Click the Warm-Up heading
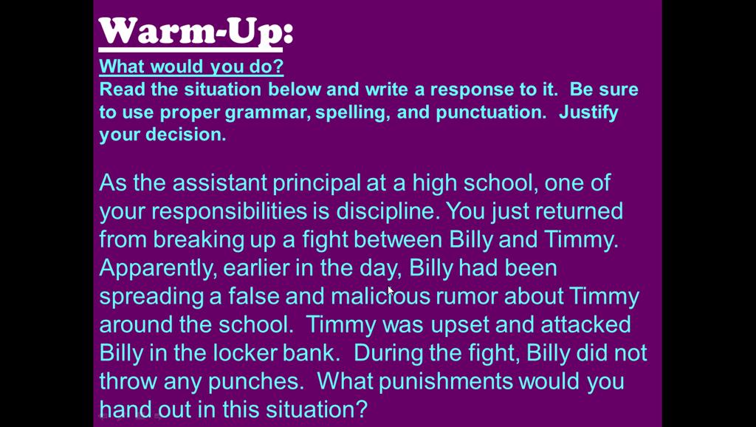[196, 33]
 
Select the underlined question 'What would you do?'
[191, 66]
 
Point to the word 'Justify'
[588, 113]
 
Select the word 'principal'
[316, 184]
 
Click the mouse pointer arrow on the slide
[390, 291]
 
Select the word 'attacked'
[585, 324]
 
